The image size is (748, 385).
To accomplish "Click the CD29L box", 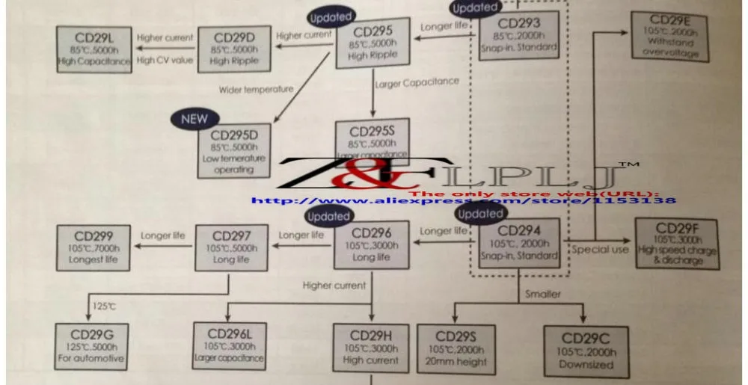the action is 93,49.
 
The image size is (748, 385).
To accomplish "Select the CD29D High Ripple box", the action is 230,49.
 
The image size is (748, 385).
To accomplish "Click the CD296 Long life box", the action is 372,244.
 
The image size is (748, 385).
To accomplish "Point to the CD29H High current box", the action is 371,348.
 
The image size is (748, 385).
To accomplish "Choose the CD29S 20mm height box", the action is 462,348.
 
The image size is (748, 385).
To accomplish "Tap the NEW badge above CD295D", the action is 194,118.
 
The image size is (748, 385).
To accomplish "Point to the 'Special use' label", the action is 600,250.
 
